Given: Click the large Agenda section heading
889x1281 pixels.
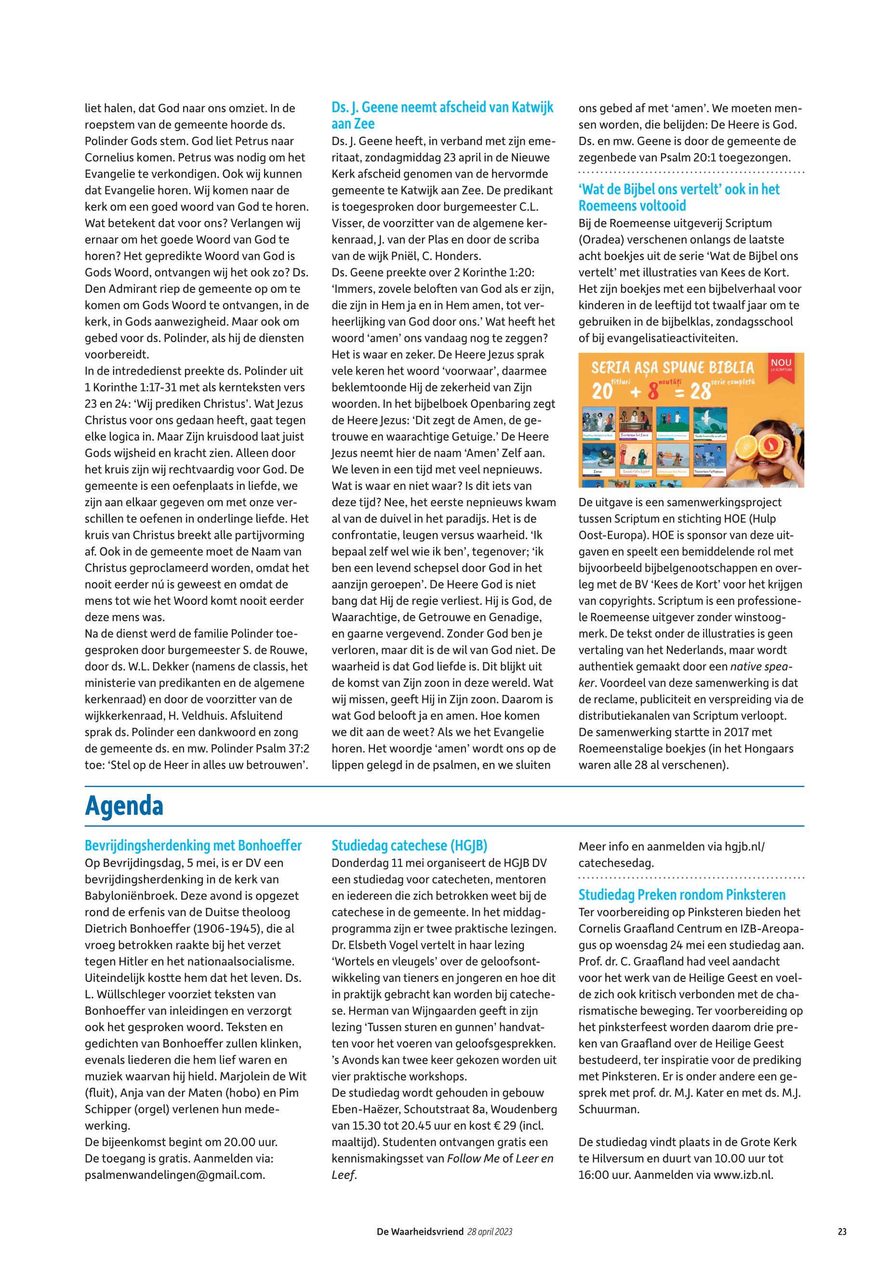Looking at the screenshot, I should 124,806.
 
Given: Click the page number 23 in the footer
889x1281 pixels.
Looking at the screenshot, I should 842,1232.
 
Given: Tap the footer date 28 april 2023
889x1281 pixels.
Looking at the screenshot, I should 490,1232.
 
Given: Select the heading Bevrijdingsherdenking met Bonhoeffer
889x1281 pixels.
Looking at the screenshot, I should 193,846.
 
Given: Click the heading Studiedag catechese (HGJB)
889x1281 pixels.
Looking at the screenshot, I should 410,846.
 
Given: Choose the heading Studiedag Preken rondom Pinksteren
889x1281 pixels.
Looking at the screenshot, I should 682,895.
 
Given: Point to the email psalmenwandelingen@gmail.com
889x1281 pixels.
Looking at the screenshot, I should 174,1175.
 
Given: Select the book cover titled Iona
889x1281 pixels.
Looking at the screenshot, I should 598,459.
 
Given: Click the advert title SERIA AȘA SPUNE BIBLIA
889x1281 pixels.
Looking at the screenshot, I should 672,368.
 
